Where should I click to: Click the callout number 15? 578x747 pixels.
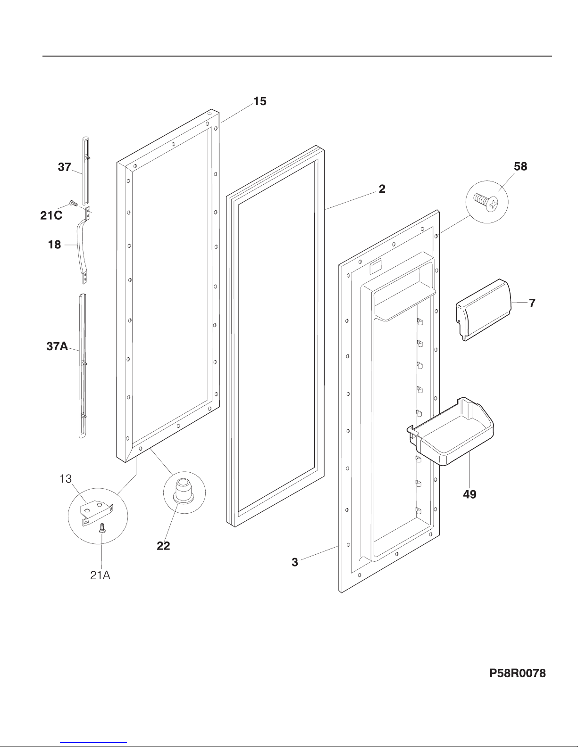click(x=260, y=101)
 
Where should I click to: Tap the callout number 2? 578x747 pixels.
click(x=382, y=189)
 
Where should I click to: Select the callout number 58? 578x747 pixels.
click(x=520, y=166)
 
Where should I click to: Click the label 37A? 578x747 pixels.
click(x=57, y=346)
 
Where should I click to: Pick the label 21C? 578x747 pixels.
click(x=51, y=215)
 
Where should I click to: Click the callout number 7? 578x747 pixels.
click(x=532, y=303)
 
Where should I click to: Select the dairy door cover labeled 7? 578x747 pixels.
click(x=483, y=309)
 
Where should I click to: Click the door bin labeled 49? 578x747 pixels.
click(x=451, y=431)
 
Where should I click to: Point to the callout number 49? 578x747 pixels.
click(x=469, y=494)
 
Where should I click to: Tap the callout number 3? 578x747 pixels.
click(x=295, y=562)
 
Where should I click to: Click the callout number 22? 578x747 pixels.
click(x=163, y=546)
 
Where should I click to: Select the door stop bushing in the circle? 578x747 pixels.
click(x=184, y=491)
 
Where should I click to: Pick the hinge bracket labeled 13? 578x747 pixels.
click(x=96, y=513)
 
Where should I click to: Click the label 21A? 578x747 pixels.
click(x=100, y=575)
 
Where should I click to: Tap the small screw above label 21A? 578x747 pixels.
click(x=102, y=528)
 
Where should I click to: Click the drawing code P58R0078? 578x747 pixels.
click(x=518, y=673)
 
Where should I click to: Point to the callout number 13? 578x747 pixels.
click(x=66, y=479)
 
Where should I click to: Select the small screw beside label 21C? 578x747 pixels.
click(x=73, y=203)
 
